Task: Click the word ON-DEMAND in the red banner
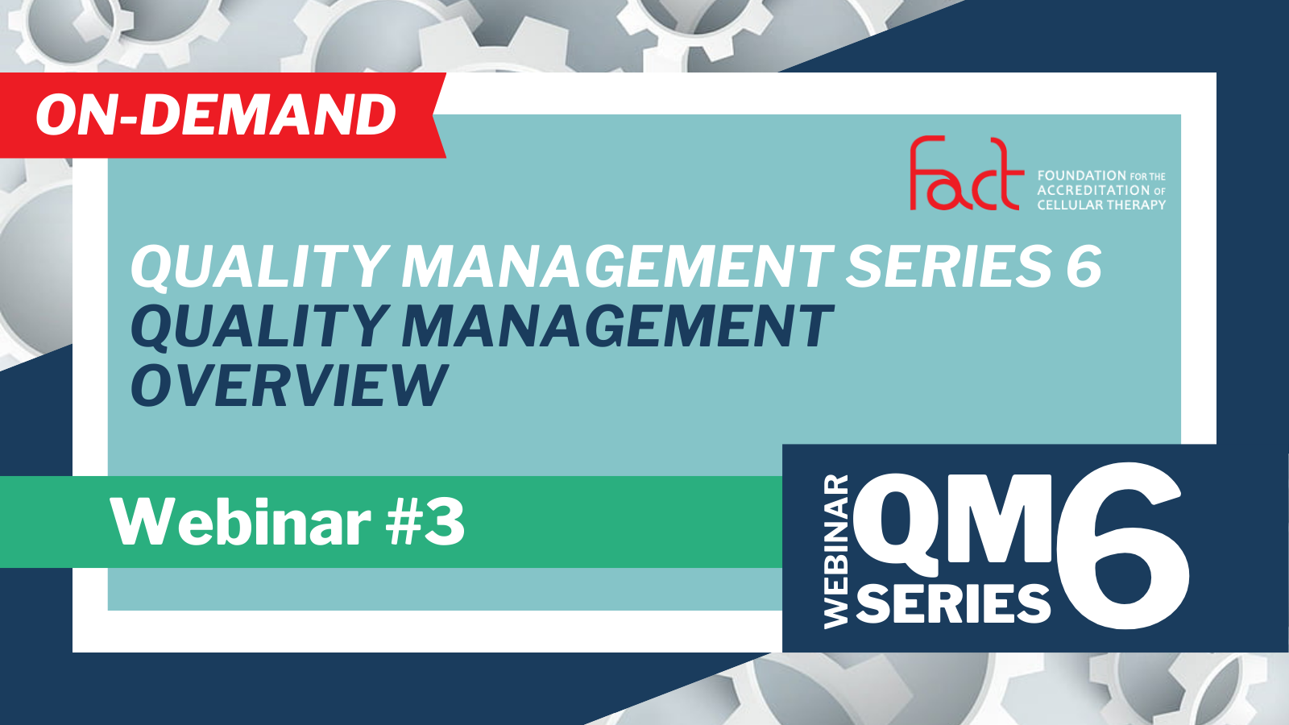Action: click(217, 115)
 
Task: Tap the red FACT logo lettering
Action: click(967, 173)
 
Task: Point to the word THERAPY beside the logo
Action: click(1136, 205)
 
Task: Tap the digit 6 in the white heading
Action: click(1084, 266)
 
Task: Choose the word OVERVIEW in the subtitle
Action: click(289, 386)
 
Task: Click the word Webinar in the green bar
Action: click(241, 522)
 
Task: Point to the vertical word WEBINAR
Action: click(836, 551)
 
